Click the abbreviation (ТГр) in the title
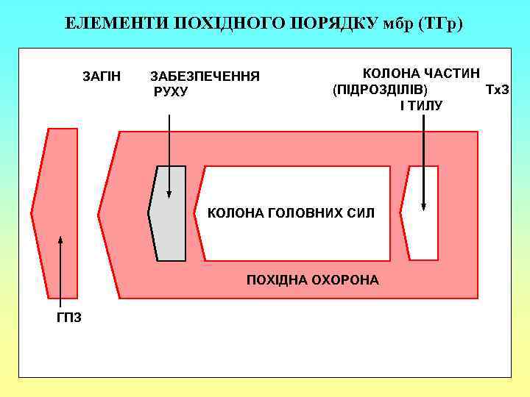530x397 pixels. [x=440, y=24]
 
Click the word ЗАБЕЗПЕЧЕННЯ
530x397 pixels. [x=205, y=76]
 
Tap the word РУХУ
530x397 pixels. [x=171, y=91]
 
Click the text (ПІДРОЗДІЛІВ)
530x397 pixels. [x=379, y=90]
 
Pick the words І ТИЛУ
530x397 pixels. [x=421, y=105]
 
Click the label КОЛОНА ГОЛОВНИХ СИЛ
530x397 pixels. [x=291, y=213]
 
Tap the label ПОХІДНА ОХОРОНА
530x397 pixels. [x=313, y=280]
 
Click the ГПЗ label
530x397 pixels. [x=68, y=317]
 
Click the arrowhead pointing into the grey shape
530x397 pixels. [x=169, y=194]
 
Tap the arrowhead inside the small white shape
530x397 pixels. [x=424, y=207]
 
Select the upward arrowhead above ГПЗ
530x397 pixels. [x=60, y=240]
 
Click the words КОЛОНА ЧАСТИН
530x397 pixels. [x=421, y=74]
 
